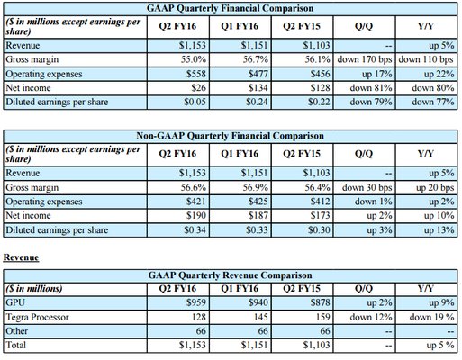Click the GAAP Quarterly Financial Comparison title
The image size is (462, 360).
coord(231,8)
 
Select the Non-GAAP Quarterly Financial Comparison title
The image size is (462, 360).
coord(231,136)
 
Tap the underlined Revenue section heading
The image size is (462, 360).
coord(21,257)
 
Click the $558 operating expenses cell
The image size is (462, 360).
coord(196,74)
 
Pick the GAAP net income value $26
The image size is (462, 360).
coord(199,88)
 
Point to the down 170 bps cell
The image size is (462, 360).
coord(365,59)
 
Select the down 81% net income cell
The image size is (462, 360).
coord(371,88)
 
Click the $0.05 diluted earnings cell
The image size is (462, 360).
coord(195,102)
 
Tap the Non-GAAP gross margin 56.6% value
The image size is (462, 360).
coord(194,187)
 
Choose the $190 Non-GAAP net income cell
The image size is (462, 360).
coord(196,215)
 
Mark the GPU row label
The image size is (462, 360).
coord(15,302)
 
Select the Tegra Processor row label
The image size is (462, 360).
coord(37,317)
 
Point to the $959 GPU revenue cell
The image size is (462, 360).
coord(196,302)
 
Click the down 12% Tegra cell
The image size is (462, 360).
coord(371,317)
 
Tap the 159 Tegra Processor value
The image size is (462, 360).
coord(322,317)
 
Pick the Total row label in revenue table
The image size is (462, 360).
coord(15,345)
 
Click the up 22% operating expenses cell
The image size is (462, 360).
coord(439,74)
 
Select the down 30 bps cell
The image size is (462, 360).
coord(367,187)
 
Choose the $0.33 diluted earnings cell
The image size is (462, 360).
coord(257,230)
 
